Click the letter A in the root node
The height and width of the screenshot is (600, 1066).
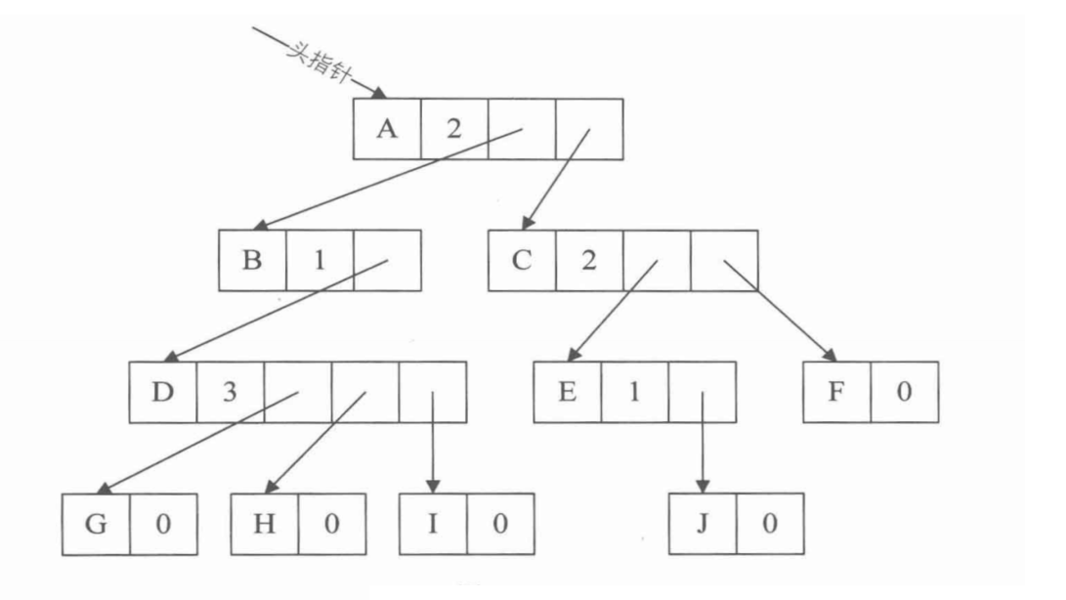click(x=388, y=128)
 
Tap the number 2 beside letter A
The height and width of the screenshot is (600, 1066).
click(x=453, y=128)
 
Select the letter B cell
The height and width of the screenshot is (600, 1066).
click(x=253, y=260)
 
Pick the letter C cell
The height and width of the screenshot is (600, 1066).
click(x=523, y=260)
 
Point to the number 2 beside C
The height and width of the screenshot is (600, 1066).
click(x=588, y=260)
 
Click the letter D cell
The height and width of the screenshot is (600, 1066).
click(x=163, y=392)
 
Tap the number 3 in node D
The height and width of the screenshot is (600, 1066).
click(x=230, y=392)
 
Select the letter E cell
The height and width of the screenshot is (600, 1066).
click(x=567, y=392)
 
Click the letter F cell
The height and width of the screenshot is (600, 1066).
click(x=836, y=392)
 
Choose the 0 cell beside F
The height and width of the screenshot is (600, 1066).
click(x=904, y=392)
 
